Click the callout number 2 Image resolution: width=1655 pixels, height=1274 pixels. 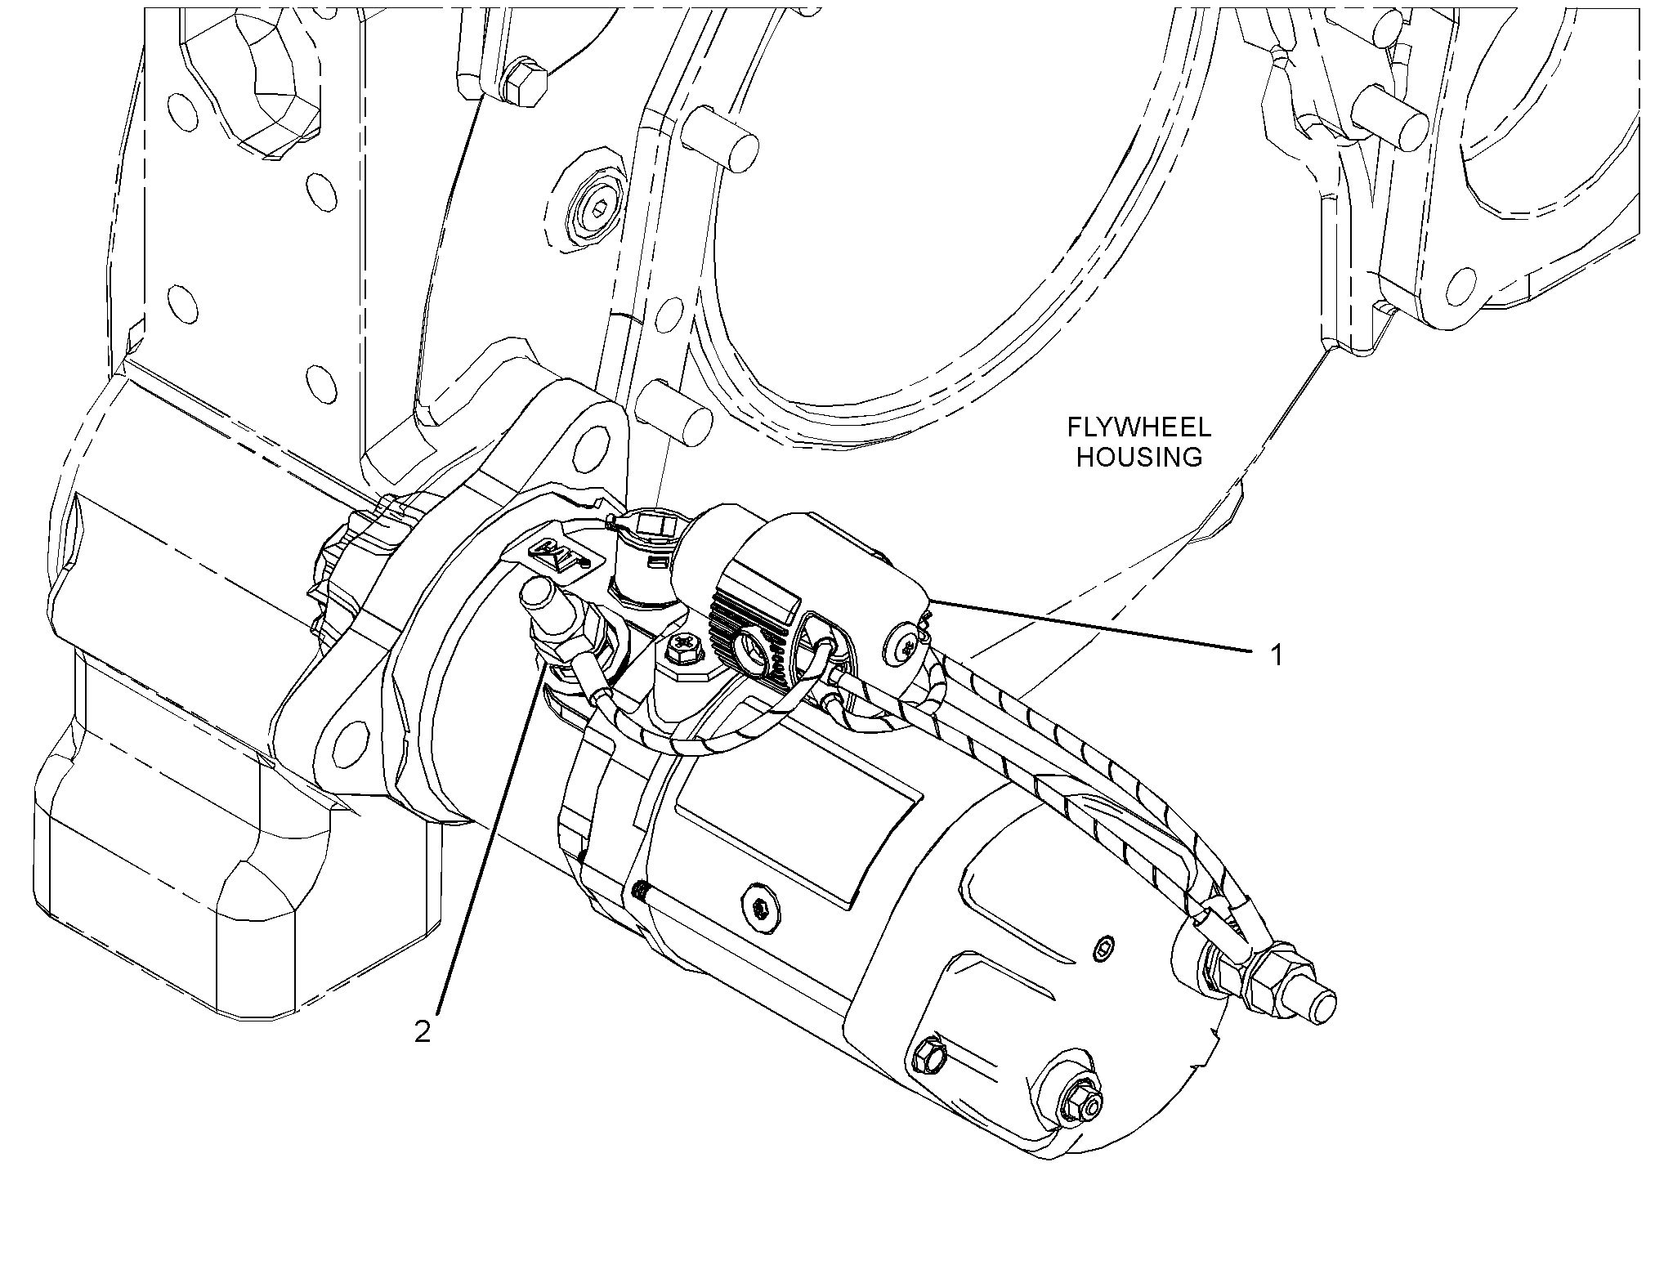(422, 1032)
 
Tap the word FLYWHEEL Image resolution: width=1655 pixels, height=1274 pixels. (1139, 427)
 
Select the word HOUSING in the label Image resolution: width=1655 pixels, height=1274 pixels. (1139, 458)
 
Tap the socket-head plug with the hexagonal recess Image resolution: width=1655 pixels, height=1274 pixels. (596, 208)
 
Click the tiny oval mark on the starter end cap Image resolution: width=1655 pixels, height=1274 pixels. (1101, 949)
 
